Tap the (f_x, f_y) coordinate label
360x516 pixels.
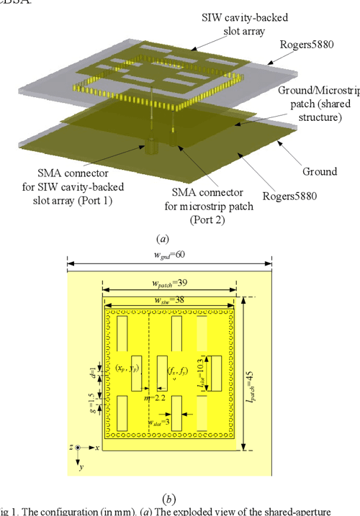pyautogui.click(x=178, y=371)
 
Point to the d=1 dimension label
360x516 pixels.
pyautogui.click(x=92, y=374)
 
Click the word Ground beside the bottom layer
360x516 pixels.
pyautogui.click(x=319, y=171)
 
